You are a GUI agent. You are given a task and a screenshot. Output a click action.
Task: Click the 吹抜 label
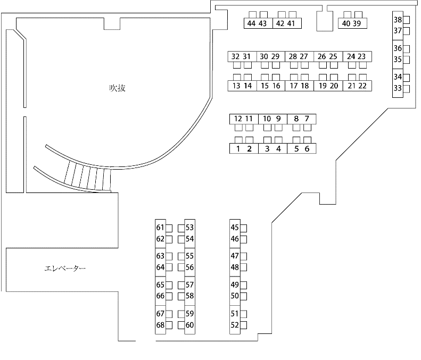(x=117, y=88)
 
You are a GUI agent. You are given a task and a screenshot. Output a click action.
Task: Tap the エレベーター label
(x=65, y=268)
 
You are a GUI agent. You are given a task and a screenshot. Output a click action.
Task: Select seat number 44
(x=251, y=23)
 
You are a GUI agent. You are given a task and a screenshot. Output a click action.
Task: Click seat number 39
(x=357, y=23)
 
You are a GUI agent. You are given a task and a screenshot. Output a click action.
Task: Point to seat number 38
(x=398, y=20)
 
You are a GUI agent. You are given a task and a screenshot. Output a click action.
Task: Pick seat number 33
(x=398, y=88)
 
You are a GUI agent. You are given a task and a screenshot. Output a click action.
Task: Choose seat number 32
(x=235, y=56)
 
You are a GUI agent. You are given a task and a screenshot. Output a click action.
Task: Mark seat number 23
(x=362, y=56)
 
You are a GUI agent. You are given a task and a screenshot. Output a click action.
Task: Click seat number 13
(x=236, y=86)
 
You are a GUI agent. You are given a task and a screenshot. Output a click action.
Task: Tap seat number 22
(x=362, y=86)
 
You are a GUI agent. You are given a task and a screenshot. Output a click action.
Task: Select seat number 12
(x=238, y=119)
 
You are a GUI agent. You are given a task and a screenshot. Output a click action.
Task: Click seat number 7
(x=307, y=119)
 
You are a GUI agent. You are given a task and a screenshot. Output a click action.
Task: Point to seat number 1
(x=238, y=148)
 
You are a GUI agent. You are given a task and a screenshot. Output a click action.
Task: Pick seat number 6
(x=307, y=148)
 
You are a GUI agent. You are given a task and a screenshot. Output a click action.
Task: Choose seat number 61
(x=160, y=228)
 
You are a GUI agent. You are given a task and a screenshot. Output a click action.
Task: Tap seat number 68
(x=160, y=325)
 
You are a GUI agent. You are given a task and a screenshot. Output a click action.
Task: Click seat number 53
(x=189, y=228)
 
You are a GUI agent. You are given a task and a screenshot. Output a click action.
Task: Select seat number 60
(x=189, y=325)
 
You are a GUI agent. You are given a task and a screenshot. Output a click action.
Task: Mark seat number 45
(x=235, y=228)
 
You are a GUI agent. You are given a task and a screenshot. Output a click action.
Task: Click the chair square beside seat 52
(x=244, y=325)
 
